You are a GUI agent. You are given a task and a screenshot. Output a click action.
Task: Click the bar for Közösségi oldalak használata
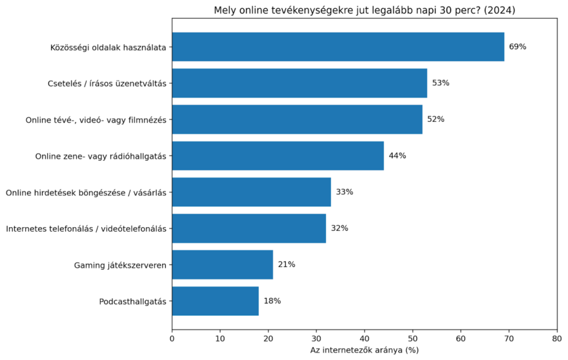[x=338, y=47]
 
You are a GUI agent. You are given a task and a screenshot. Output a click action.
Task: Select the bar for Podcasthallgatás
[x=215, y=301]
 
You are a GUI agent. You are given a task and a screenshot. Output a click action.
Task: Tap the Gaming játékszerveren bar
[x=222, y=265]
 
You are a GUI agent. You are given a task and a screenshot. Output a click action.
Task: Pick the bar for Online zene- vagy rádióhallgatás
[x=278, y=155]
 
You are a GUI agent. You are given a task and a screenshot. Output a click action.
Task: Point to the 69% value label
[x=518, y=47]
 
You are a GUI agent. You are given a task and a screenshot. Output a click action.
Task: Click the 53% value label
[x=441, y=83]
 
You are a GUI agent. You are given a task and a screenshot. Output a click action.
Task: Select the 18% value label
[x=272, y=301]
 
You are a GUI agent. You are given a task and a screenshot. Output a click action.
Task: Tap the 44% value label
[x=397, y=155]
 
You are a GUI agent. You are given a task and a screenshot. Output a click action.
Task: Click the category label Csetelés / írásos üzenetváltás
[x=107, y=83]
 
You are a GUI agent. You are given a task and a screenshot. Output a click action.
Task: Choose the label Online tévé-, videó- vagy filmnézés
[x=96, y=120]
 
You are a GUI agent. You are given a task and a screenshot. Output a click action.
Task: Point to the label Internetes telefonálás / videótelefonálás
[x=86, y=228]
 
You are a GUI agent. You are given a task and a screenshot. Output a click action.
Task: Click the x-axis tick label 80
[x=556, y=337]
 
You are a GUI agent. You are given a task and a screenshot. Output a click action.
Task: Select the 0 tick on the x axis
[x=172, y=337]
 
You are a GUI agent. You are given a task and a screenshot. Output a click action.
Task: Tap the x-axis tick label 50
[x=412, y=337]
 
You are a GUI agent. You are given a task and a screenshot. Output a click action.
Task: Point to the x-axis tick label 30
[x=316, y=337]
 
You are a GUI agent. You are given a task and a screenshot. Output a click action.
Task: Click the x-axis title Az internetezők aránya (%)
[x=365, y=350]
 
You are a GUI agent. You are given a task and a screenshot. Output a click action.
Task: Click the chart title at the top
[x=365, y=10]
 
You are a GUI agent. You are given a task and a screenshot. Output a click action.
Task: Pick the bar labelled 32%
[x=249, y=228]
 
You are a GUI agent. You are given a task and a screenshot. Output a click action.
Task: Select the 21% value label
[x=287, y=265]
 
